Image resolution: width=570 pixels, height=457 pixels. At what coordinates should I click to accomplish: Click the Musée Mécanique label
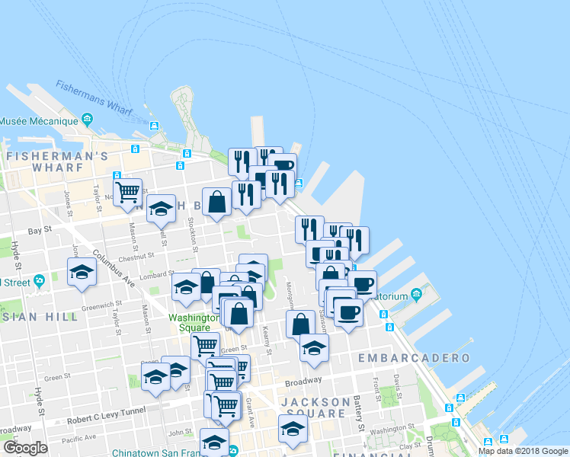(x=38, y=121)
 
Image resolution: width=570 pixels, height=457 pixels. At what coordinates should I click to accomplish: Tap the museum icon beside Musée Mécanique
(x=88, y=120)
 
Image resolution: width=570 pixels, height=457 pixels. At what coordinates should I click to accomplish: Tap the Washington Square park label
(x=189, y=322)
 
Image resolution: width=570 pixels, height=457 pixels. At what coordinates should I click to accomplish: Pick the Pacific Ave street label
(x=78, y=437)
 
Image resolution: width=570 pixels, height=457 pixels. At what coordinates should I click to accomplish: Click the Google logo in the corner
(x=25, y=448)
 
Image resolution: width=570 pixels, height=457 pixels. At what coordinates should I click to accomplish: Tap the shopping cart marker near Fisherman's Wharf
(x=127, y=190)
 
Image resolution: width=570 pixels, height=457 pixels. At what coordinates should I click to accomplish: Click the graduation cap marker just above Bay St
(x=161, y=208)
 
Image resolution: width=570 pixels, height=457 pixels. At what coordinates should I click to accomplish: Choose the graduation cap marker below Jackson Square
(x=293, y=429)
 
